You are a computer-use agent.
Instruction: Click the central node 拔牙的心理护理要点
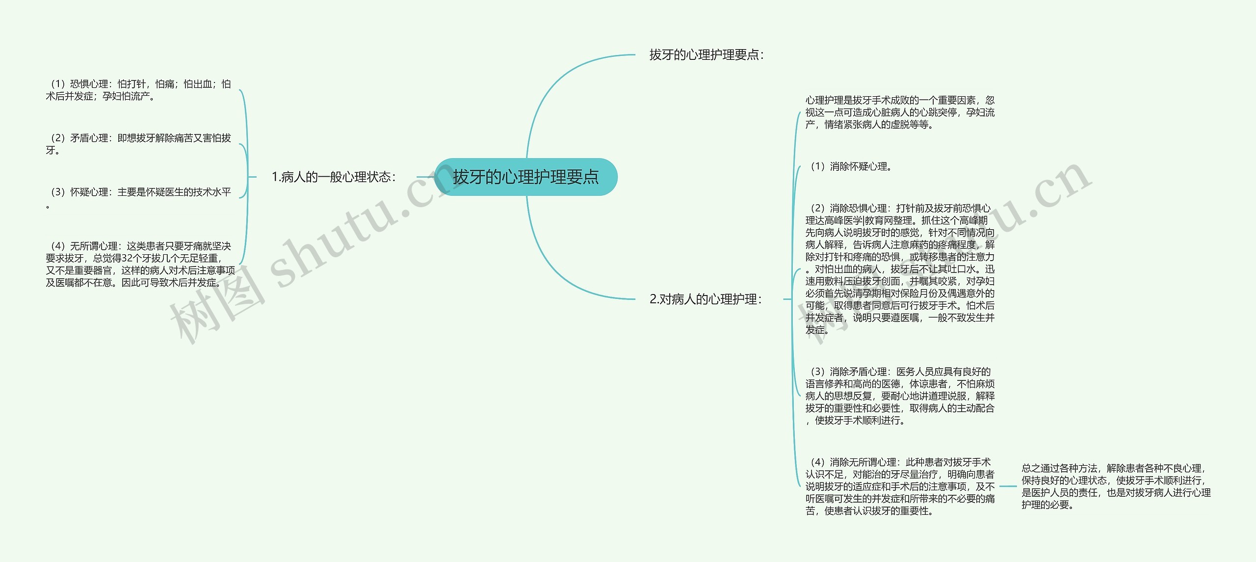(x=525, y=177)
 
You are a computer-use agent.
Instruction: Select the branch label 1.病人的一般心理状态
(x=334, y=177)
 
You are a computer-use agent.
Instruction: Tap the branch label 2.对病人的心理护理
(x=706, y=299)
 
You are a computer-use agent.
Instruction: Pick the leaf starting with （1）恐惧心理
(x=138, y=90)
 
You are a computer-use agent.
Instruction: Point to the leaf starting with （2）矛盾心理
(x=138, y=144)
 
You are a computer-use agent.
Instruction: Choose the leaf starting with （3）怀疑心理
(x=138, y=192)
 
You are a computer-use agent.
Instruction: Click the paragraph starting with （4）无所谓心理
(x=140, y=264)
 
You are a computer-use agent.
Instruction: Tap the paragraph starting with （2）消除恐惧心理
(x=900, y=269)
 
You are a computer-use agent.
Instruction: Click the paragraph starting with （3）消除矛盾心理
(x=900, y=396)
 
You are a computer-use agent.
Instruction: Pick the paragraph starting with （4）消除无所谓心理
(x=900, y=486)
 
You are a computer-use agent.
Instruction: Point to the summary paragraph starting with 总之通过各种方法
(x=1116, y=486)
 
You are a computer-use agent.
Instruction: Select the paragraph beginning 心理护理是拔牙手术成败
(x=900, y=112)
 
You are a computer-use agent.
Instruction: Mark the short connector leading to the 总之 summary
(x=1008, y=486)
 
